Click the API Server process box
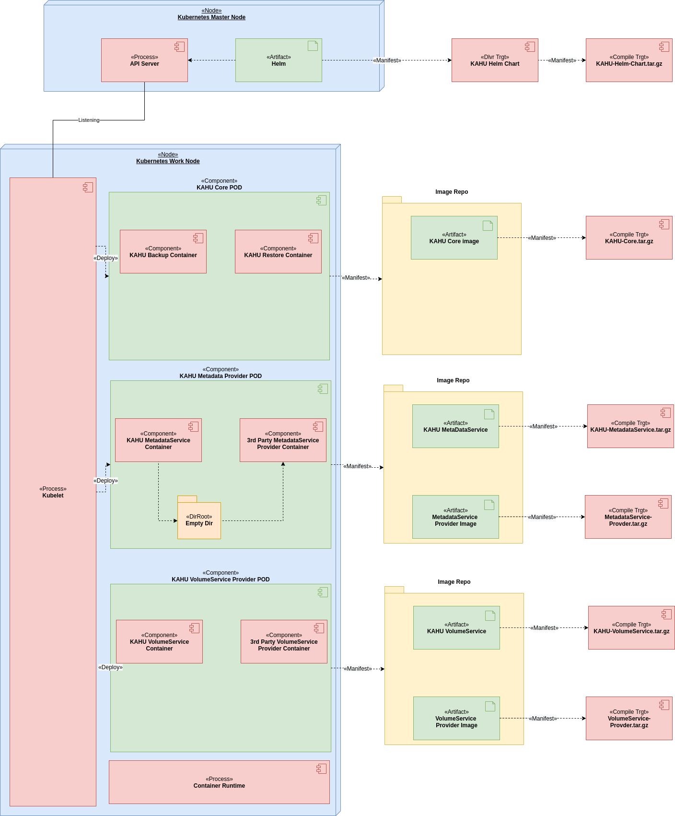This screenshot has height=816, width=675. [x=144, y=60]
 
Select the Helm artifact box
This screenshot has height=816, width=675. [x=279, y=60]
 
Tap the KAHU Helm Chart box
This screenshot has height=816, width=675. [x=495, y=60]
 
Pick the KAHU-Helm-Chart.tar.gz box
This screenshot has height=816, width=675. [x=629, y=60]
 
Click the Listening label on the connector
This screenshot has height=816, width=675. [x=89, y=120]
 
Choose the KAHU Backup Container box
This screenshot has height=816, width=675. [x=163, y=252]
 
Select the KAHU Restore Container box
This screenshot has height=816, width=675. [x=278, y=252]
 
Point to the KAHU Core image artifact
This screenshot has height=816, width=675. [x=454, y=238]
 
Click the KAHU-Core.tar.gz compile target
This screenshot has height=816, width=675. [x=629, y=238]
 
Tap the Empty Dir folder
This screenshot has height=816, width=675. [x=199, y=520]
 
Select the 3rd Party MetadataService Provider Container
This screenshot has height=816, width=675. [x=283, y=440]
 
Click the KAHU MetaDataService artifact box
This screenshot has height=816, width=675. [x=455, y=426]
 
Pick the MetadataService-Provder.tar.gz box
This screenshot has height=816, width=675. [x=628, y=517]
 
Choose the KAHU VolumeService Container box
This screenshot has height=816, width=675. [x=159, y=642]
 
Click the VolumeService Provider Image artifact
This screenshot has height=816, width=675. [x=456, y=719]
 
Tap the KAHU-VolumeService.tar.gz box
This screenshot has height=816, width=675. [x=631, y=628]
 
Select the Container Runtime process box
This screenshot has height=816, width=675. [x=219, y=782]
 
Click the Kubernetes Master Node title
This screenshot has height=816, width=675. [x=211, y=17]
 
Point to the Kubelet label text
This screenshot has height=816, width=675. [x=53, y=496]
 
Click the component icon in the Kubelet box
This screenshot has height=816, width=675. [x=88, y=187]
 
